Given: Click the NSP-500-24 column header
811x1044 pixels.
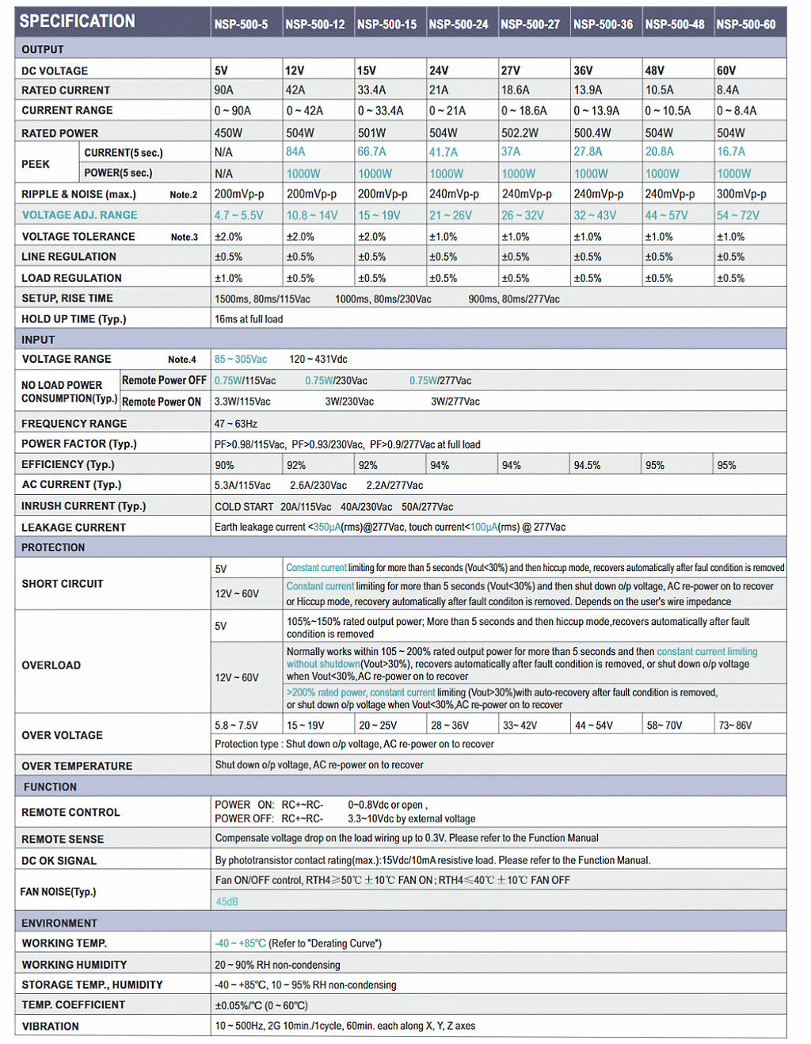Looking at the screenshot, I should [x=459, y=25].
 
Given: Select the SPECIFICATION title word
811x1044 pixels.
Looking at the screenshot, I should [x=77, y=21].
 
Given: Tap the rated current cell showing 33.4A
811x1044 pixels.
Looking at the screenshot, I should [x=371, y=90].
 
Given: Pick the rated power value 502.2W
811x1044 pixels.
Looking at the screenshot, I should [x=520, y=133].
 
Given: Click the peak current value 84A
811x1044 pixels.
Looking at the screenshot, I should [x=295, y=152].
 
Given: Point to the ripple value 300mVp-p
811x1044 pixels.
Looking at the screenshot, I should [x=741, y=194].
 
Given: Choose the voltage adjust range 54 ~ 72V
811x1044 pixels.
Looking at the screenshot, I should [x=738, y=215].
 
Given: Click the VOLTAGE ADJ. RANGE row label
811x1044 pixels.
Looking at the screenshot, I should [x=79, y=215].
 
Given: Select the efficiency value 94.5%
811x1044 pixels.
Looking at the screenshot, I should [x=587, y=466].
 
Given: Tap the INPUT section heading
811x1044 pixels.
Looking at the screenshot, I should [x=38, y=340].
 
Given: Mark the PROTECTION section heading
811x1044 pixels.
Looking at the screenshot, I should [x=53, y=547].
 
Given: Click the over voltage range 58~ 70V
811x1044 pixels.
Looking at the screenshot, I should [x=664, y=726].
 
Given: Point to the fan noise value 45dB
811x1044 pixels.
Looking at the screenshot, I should [x=227, y=901].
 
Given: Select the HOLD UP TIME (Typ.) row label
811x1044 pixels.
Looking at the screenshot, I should [x=74, y=319].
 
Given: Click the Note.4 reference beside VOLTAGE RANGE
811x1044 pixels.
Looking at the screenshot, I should [x=182, y=360].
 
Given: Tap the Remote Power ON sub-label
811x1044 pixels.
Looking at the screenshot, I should [x=162, y=402].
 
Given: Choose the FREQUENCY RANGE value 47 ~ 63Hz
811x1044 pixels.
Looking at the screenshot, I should [x=236, y=424].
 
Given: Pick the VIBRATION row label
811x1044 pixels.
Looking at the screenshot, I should [x=51, y=1027].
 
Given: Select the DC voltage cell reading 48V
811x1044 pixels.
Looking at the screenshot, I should [x=654, y=70].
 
